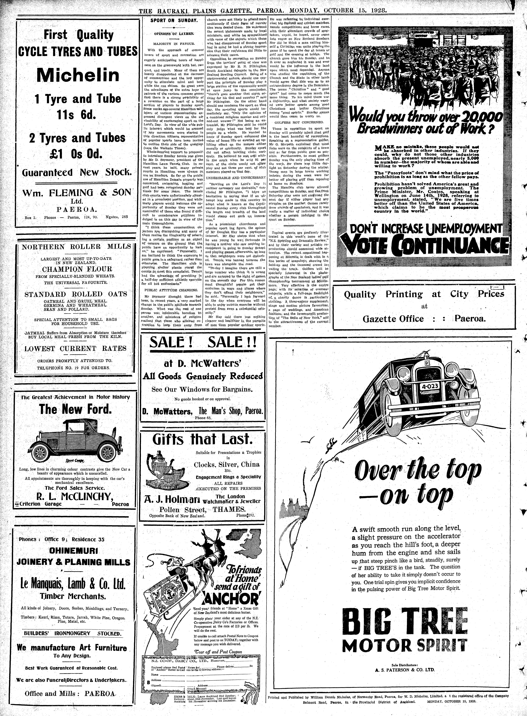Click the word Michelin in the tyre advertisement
coord(78,75)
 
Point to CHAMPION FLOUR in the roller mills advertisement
coord(78,269)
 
